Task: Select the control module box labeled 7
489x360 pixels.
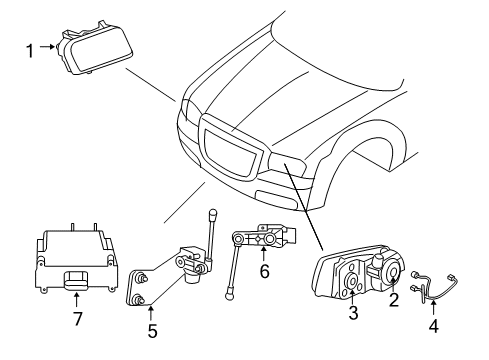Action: pyautogui.click(x=75, y=260)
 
